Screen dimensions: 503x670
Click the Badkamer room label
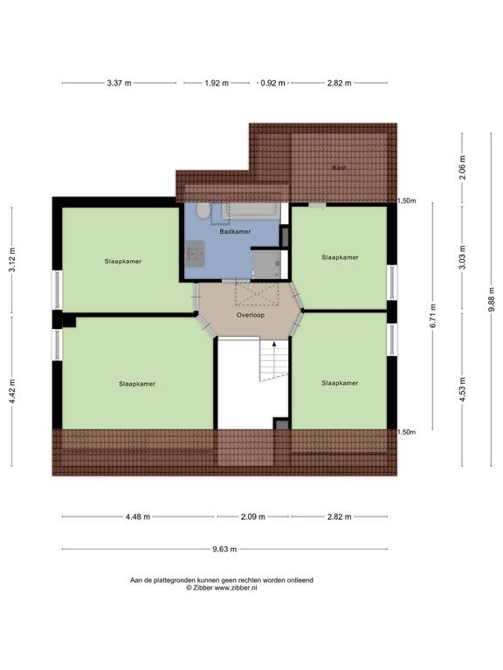click(235, 231)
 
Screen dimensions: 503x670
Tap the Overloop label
click(251, 315)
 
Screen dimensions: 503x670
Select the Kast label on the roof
click(339, 167)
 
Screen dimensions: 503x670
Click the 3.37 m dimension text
click(119, 83)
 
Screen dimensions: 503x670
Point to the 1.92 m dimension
click(217, 83)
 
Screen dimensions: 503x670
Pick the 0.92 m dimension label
click(272, 83)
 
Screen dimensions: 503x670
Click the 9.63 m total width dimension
click(224, 549)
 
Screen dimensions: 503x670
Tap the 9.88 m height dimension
click(492, 299)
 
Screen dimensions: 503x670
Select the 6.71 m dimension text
click(433, 315)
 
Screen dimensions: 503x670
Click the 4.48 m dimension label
click(138, 516)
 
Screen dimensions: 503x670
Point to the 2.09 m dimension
click(252, 516)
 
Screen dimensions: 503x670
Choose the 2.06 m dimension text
click(462, 167)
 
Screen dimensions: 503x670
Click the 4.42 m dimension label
click(12, 391)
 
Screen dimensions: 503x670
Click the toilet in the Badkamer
click(203, 210)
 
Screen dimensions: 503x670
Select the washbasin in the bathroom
click(195, 254)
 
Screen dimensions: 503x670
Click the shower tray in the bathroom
click(266, 264)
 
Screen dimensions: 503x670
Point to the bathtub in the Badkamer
click(251, 211)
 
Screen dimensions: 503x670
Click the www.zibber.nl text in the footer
click(236, 587)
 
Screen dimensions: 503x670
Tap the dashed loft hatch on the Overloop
click(257, 292)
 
